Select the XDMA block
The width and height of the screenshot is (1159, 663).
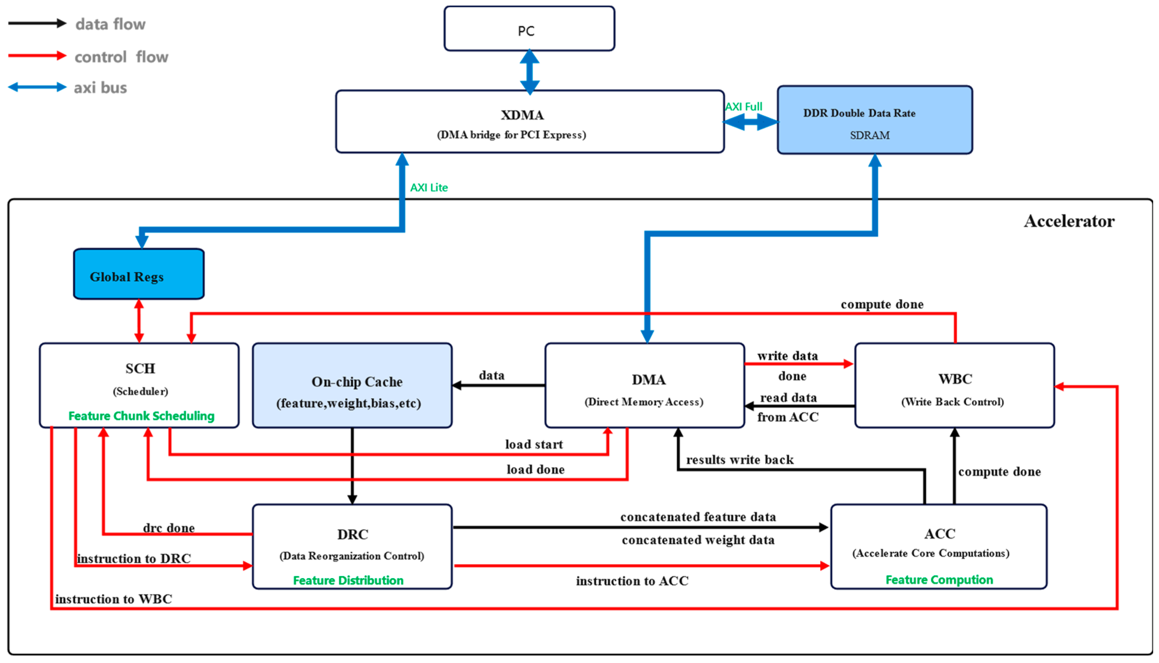530,122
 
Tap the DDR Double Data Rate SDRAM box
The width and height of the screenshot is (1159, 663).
875,120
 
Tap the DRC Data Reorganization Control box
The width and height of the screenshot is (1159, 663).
352,546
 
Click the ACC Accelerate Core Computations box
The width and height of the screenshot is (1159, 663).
939,546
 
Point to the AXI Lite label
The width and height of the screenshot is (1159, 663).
429,188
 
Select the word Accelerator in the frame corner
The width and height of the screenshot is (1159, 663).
1069,221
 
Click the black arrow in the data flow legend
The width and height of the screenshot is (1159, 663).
37,24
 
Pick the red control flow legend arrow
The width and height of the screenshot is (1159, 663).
37,56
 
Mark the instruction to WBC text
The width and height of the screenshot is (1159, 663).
113,599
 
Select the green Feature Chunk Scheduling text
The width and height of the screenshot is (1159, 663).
141,416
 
